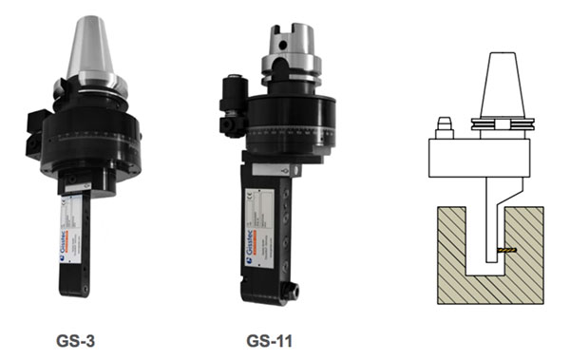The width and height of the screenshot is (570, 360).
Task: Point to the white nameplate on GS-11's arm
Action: pyautogui.click(x=270, y=209)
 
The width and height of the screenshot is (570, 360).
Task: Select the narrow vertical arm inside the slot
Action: pyautogui.click(x=489, y=228)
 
